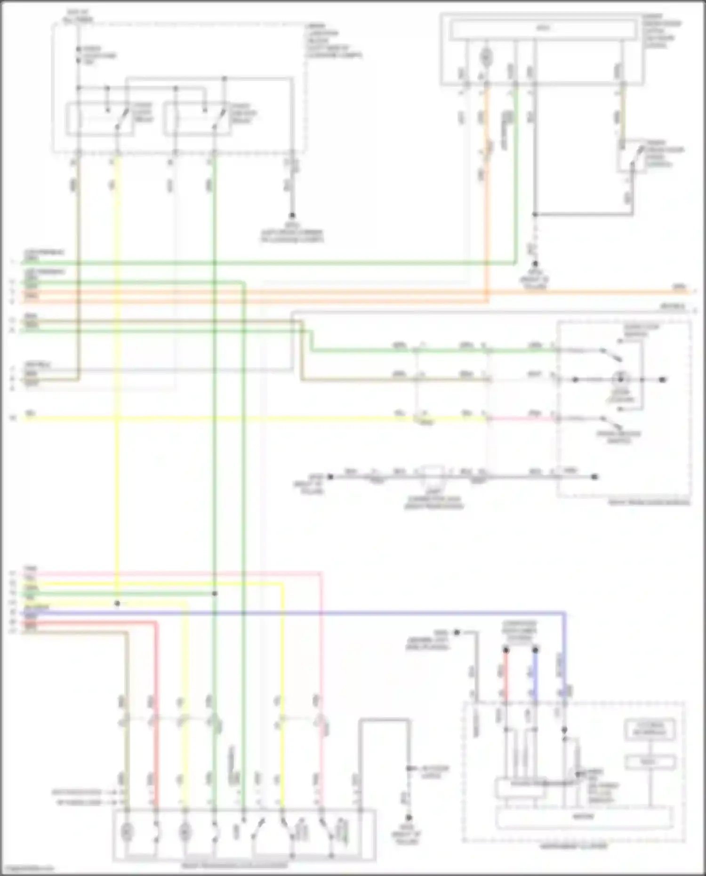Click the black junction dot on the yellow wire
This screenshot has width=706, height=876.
pyautogui.click(x=117, y=603)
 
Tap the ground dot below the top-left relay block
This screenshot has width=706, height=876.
pyautogui.click(x=292, y=215)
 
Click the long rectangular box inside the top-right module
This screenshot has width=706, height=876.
pyautogui.click(x=543, y=29)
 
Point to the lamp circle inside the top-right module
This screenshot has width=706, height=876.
pyautogui.click(x=486, y=57)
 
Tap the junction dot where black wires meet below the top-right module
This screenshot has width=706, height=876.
pyautogui.click(x=535, y=215)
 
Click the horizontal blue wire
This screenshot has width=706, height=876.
pyautogui.click(x=329, y=613)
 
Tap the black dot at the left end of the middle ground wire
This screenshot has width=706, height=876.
pyautogui.click(x=330, y=477)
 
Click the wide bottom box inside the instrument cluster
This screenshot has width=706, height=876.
pyautogui.click(x=584, y=817)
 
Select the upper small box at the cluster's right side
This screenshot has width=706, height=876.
pyautogui.click(x=650, y=730)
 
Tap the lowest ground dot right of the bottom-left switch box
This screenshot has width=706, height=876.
pyautogui.click(x=409, y=818)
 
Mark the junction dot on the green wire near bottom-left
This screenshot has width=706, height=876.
pyautogui.click(x=215, y=594)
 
